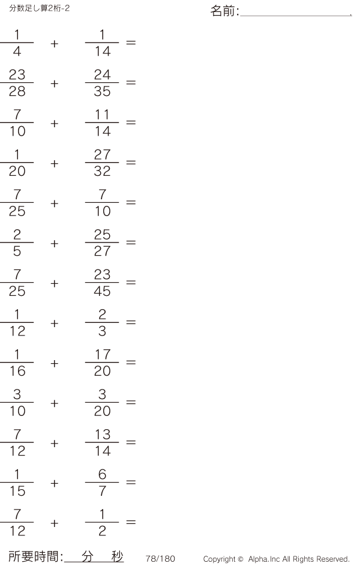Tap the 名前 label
pyautogui.click(x=223, y=11)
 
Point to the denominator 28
pyautogui.click(x=17, y=91)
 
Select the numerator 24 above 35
pyautogui.click(x=103, y=75)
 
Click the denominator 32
pyautogui.click(x=103, y=172)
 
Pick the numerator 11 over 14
pyautogui.click(x=103, y=115)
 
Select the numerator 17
pyautogui.click(x=103, y=355)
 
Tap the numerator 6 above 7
pyautogui.click(x=103, y=475)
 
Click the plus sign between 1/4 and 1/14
pyautogui.click(x=55, y=43)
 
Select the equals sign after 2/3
pyautogui.click(x=131, y=323)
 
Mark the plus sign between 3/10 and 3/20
pyautogui.click(x=55, y=403)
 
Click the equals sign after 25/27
pyautogui.click(x=131, y=243)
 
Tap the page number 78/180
pyautogui.click(x=160, y=559)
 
